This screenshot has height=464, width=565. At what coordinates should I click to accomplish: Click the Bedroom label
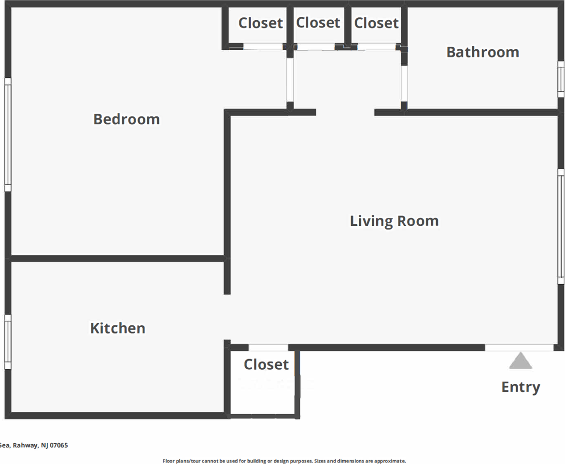127,119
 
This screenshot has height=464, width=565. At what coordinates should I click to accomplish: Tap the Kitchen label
118,328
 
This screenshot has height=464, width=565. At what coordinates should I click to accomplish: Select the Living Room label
395,221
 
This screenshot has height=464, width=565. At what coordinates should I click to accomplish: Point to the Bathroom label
483,52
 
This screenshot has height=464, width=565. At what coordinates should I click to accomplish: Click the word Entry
521,387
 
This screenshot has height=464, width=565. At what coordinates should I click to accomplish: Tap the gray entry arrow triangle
520,361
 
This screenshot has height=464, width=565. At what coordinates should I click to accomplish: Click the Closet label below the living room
266,364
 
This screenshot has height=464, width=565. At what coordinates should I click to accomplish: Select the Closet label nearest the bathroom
376,23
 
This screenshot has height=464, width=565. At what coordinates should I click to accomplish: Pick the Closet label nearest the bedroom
260,23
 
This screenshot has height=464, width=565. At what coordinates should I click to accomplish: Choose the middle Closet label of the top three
318,22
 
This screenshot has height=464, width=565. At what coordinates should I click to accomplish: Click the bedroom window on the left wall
8,134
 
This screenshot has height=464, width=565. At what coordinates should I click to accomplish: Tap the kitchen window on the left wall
8,342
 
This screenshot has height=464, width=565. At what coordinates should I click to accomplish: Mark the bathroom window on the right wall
561,79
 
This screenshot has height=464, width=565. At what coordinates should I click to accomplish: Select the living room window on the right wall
561,226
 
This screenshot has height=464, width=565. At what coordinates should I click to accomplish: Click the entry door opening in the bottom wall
519,348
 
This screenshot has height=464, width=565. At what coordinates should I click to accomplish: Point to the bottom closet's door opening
268,348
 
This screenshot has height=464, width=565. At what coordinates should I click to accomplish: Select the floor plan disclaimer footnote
284,461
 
